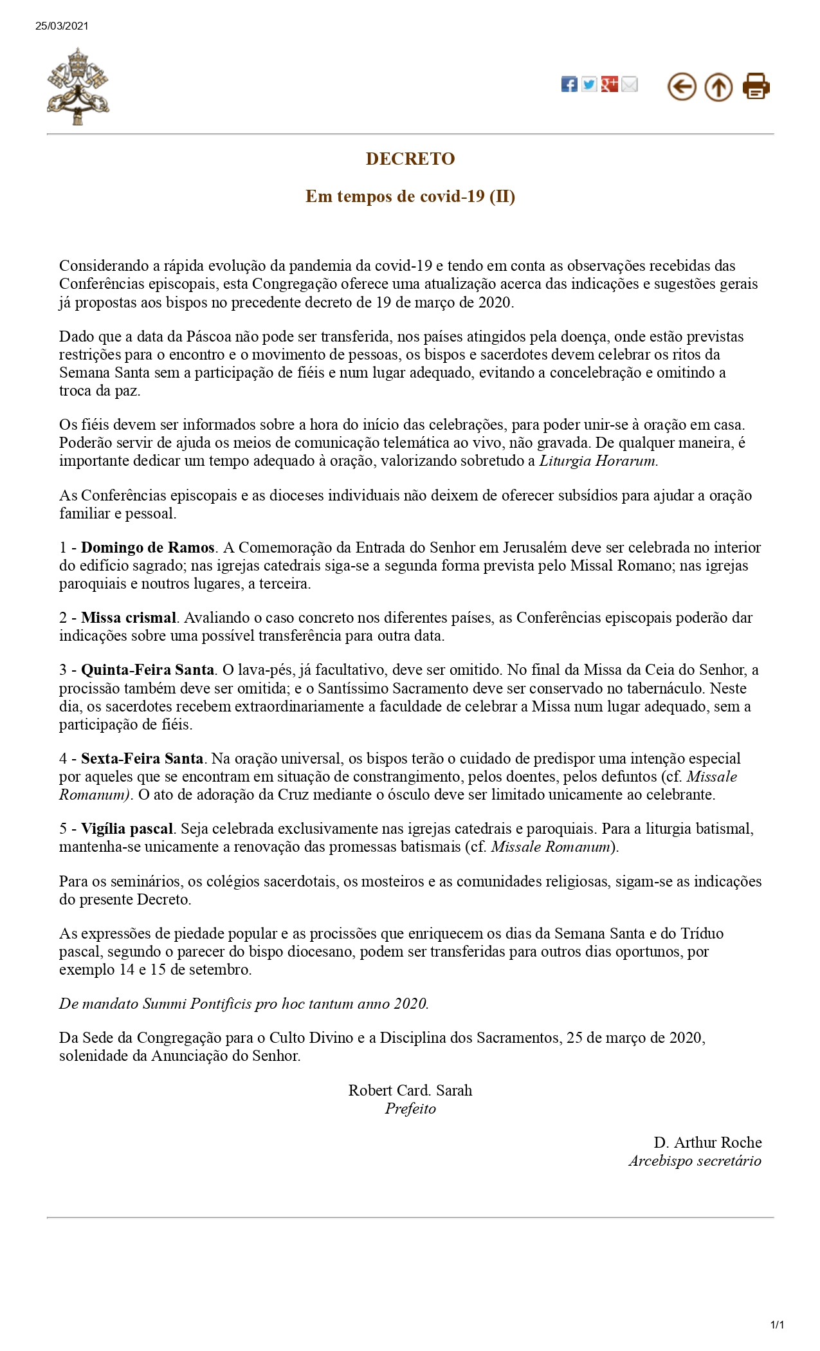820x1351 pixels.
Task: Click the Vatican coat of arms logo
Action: tap(78, 86)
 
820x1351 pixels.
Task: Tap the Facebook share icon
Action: tap(569, 84)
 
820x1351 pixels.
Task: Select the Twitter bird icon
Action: tap(589, 84)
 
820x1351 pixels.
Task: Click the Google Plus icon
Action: tap(610, 84)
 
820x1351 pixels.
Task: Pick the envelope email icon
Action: tap(630, 84)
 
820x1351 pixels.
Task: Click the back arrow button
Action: tap(682, 86)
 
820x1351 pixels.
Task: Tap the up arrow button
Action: tap(718, 86)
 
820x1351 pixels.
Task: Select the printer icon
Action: tap(756, 86)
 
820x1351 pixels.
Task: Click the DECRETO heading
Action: tap(410, 159)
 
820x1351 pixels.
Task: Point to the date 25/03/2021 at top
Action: tap(62, 26)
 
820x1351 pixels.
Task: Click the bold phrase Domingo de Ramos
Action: tap(147, 547)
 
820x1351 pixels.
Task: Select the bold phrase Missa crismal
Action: tap(129, 618)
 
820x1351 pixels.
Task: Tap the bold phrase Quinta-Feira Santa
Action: tap(147, 670)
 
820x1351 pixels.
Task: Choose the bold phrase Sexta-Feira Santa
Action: tap(142, 758)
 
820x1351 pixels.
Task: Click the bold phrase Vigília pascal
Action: tap(127, 829)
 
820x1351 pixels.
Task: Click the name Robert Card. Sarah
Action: tap(410, 1090)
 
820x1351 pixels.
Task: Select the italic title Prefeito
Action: tap(410, 1108)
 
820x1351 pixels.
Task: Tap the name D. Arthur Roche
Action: tap(707, 1143)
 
